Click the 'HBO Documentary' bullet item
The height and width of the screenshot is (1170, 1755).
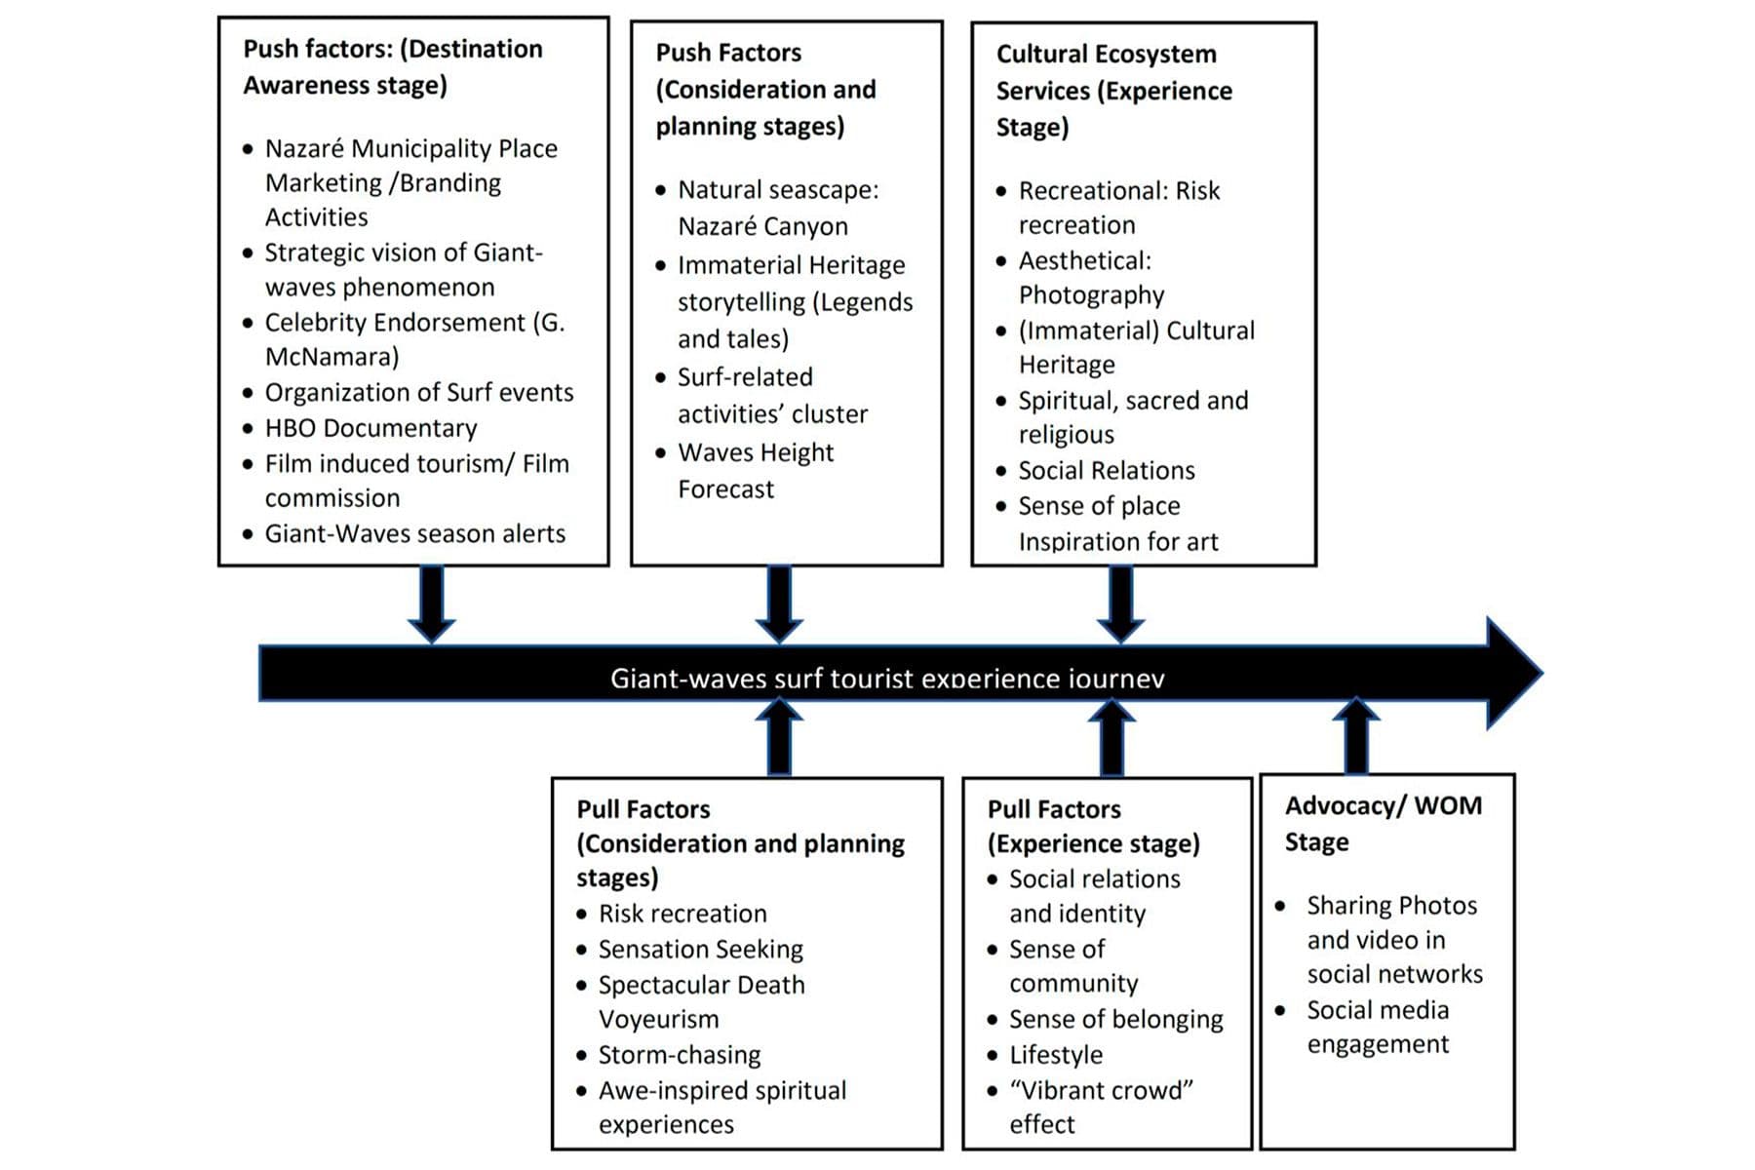[x=370, y=428]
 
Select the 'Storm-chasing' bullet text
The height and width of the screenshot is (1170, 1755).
[x=679, y=1055]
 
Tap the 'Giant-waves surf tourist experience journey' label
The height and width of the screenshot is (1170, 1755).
[x=886, y=678]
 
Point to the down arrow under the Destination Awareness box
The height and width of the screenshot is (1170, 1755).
[x=431, y=604]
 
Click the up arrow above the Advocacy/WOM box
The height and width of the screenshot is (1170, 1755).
[x=1356, y=736]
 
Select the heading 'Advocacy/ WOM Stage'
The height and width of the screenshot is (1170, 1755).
[x=1383, y=823]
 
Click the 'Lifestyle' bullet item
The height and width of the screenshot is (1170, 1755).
[x=1055, y=1055]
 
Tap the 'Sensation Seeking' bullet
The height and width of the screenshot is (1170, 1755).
[x=700, y=949]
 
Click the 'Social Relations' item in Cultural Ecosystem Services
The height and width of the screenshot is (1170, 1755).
[x=1106, y=470]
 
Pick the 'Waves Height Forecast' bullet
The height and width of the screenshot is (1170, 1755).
[x=755, y=470]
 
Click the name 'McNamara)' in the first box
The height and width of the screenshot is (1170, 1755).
[x=331, y=357]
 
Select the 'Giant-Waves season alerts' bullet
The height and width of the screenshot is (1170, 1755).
[x=414, y=533]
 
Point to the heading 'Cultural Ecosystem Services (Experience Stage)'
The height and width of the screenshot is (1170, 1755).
[x=1112, y=91]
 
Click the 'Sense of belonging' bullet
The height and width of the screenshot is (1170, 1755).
[x=1115, y=1019]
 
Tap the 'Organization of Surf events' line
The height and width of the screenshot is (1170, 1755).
[x=418, y=392]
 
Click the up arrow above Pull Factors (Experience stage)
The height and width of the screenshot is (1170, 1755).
[x=1111, y=738]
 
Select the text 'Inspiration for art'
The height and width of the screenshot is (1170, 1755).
[x=1117, y=541]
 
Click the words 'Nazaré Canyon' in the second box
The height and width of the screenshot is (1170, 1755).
[x=762, y=226]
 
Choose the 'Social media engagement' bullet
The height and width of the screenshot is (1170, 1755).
[x=1377, y=1027]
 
